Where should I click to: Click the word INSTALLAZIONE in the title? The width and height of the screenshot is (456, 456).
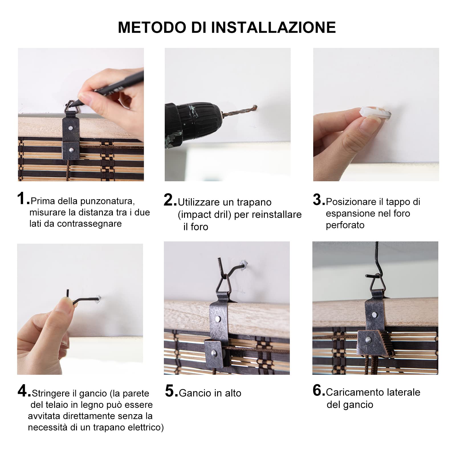(273, 27)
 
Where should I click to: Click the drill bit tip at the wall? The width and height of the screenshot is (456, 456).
(256, 107)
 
